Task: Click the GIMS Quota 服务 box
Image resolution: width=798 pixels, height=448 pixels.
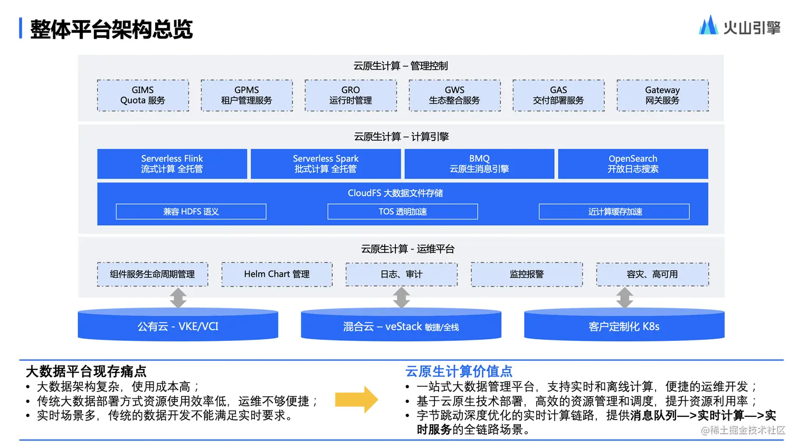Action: pyautogui.click(x=143, y=96)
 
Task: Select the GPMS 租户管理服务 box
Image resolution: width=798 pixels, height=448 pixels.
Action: pyautogui.click(x=246, y=96)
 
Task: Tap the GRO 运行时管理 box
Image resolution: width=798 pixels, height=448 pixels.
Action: pyautogui.click(x=350, y=96)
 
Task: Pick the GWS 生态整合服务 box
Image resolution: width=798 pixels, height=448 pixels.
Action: pyautogui.click(x=454, y=96)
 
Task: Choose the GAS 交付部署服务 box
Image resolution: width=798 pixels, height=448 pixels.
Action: pyautogui.click(x=558, y=96)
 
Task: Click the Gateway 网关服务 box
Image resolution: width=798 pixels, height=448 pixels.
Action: pyautogui.click(x=662, y=96)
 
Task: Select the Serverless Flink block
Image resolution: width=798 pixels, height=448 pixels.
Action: pyautogui.click(x=172, y=164)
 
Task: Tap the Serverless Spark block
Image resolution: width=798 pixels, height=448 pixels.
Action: pyautogui.click(x=326, y=164)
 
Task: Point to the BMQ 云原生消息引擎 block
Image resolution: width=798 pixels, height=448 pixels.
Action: pyautogui.click(x=479, y=164)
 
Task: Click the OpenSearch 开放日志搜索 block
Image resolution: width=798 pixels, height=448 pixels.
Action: pyautogui.click(x=633, y=164)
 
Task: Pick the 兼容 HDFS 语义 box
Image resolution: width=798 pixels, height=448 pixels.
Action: pyautogui.click(x=191, y=212)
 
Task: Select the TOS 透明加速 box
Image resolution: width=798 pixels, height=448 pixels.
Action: pyautogui.click(x=403, y=212)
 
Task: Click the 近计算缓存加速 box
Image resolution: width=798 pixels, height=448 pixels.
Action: pyautogui.click(x=614, y=212)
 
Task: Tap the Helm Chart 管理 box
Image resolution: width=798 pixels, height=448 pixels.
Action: pyautogui.click(x=277, y=274)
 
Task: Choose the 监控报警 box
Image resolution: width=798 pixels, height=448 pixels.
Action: pyautogui.click(x=527, y=274)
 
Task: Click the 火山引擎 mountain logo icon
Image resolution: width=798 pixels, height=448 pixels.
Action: pyautogui.click(x=708, y=25)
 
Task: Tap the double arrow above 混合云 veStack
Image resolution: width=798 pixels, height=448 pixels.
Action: pyautogui.click(x=402, y=298)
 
